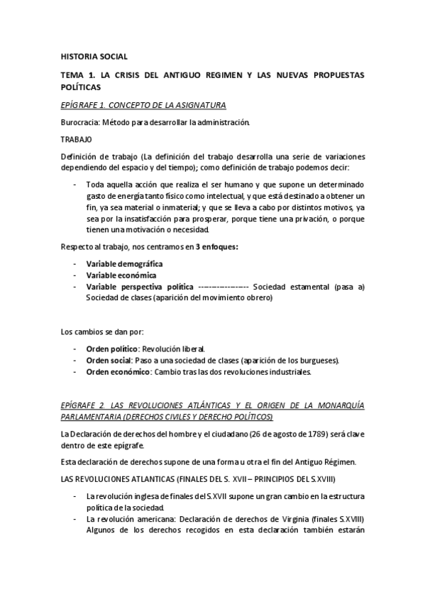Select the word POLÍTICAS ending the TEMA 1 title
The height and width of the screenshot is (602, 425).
click(x=82, y=87)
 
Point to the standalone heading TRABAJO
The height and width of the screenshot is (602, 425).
click(x=77, y=139)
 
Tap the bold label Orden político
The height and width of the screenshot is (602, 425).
click(x=111, y=349)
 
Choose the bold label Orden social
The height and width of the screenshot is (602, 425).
click(x=109, y=360)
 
